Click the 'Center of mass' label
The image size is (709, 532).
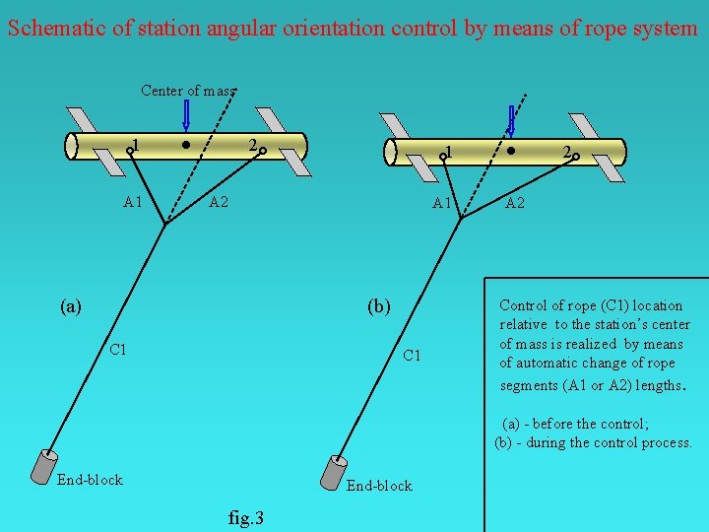coord(188,91)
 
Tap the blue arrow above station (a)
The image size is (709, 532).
coord(187,114)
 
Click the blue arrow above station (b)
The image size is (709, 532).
coord(510,118)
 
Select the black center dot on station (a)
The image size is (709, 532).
coord(187,144)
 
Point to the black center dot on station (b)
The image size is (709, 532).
coord(511,151)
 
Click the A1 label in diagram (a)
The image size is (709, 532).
coord(134,203)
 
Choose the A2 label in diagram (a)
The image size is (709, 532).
coord(219,203)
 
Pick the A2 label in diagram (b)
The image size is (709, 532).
coord(515,204)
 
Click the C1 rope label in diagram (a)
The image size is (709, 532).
coord(118,349)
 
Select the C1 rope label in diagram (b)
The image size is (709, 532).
coord(413,355)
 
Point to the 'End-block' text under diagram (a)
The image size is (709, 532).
coord(90,480)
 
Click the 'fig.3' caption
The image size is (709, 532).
coord(245,517)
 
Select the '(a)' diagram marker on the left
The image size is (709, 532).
coord(70,305)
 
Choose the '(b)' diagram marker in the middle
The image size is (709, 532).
coord(378,305)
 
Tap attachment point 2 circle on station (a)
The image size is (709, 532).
coord(264,153)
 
